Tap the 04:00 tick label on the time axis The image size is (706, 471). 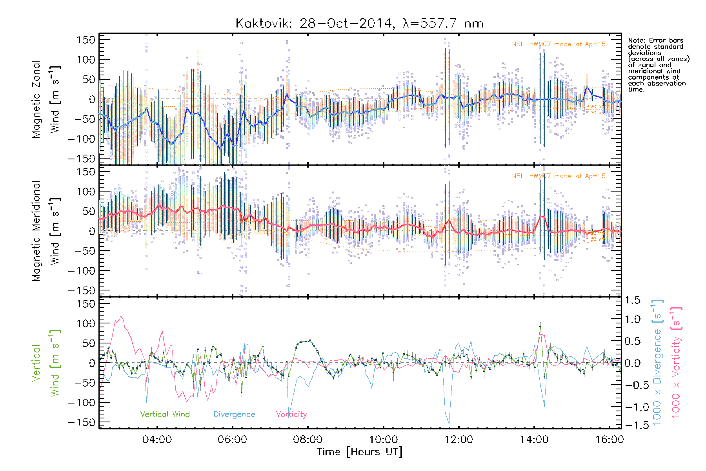[157, 439]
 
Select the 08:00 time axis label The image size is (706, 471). [308, 439]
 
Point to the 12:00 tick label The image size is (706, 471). [459, 439]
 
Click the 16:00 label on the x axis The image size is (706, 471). [609, 439]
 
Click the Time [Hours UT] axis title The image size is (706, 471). [360, 452]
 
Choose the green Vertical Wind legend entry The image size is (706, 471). [165, 414]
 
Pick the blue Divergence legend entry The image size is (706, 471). [234, 414]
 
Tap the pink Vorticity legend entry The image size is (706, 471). [291, 414]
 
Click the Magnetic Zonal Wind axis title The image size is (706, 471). [46, 99]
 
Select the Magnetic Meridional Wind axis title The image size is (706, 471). [46, 231]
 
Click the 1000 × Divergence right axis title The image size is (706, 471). [657, 362]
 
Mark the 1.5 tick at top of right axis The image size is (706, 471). [632, 300]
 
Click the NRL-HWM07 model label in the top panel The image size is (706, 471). [559, 44]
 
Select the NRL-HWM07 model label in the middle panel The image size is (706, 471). [559, 176]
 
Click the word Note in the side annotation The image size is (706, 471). [636, 40]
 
